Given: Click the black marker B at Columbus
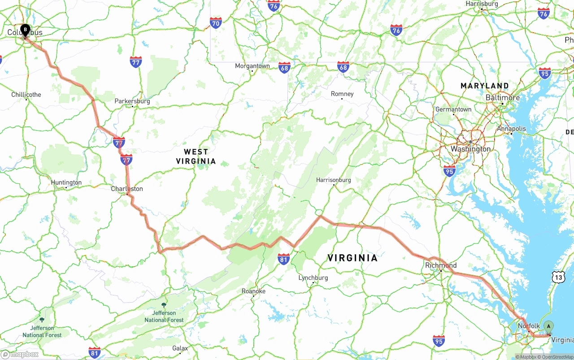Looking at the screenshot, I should (x=25, y=30).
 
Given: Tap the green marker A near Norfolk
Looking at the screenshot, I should (x=548, y=327).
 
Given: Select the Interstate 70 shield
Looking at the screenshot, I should (x=216, y=23).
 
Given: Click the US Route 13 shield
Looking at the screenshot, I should (x=558, y=278).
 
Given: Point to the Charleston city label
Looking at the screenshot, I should (x=127, y=189).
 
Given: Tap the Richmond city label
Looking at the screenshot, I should (x=441, y=265).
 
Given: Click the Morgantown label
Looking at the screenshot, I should (x=252, y=66).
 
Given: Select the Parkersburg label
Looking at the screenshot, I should (x=132, y=101).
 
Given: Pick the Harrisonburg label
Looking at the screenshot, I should (x=333, y=180).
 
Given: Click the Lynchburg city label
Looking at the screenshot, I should (x=313, y=278).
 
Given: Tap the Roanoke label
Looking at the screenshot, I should (x=253, y=291).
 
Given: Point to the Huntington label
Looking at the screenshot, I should (x=66, y=182).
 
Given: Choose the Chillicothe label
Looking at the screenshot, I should (x=26, y=95).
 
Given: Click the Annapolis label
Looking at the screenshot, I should (x=511, y=129).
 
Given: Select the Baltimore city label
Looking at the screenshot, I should (x=503, y=98).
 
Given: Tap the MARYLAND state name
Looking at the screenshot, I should (x=485, y=86).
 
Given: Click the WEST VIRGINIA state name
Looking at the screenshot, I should (x=196, y=156).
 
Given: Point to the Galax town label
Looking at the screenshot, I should (x=180, y=348).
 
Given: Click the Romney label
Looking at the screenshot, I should (x=342, y=94).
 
